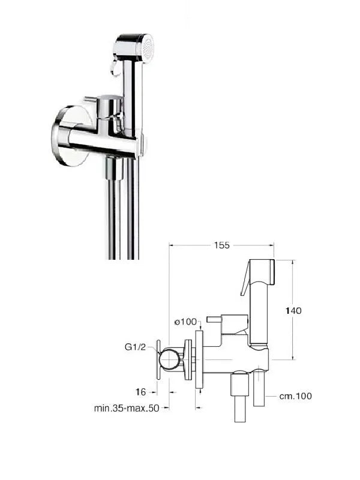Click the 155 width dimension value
[221, 245]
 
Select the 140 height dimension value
[293, 311]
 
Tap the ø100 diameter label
[185, 322]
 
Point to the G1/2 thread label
[135, 347]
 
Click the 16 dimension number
[140, 392]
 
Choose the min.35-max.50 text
[127, 408]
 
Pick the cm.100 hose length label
[295, 396]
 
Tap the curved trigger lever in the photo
[115, 66]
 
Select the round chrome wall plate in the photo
[69, 136]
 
